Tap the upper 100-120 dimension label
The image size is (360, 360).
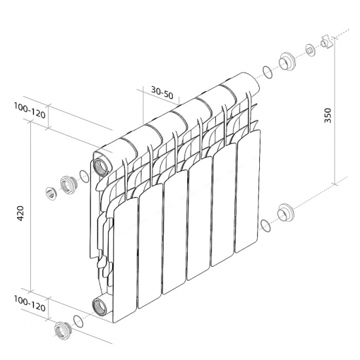click(29, 113)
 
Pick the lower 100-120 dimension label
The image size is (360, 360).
click(29, 306)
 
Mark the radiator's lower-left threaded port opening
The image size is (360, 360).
click(100, 304)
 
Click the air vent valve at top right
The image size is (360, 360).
click(327, 44)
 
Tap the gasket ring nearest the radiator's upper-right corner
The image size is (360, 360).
click(265, 71)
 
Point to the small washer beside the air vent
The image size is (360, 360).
click(309, 50)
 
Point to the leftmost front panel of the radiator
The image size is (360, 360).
click(126, 255)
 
